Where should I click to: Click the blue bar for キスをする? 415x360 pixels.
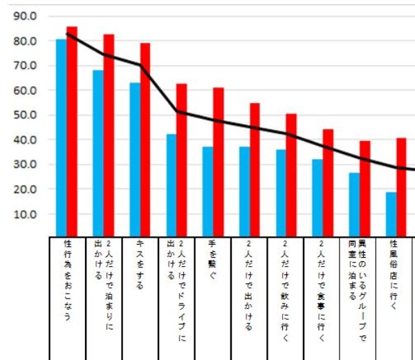click(135, 159)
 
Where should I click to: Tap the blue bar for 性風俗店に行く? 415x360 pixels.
click(391, 214)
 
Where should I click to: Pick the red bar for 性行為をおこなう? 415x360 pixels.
click(71, 131)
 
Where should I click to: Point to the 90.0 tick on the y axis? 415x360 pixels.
click(26, 17)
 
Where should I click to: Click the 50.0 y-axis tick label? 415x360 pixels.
click(26, 115)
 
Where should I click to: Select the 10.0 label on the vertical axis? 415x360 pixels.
click(26, 214)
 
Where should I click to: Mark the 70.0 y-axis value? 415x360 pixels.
click(26, 66)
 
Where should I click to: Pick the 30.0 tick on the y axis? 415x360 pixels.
click(26, 165)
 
